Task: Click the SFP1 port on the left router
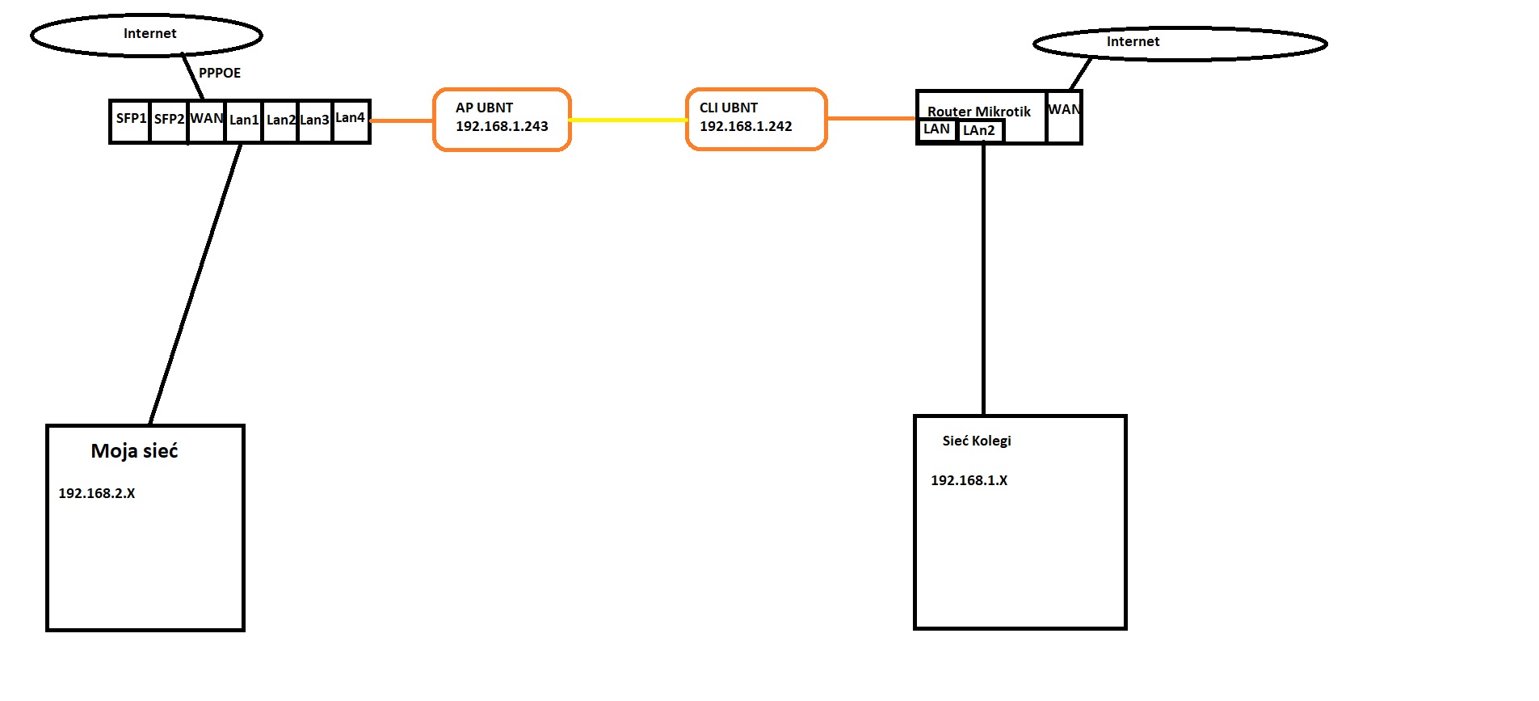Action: coord(130,121)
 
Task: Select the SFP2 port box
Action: coord(169,121)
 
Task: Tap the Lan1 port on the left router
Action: coord(244,121)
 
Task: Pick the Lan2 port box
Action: coord(281,121)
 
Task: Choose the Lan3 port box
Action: coord(315,121)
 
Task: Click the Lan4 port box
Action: coord(351,121)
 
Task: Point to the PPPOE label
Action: coord(220,73)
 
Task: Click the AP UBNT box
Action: coord(502,119)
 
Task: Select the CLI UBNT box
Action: coord(756,119)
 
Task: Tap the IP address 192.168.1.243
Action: coord(502,126)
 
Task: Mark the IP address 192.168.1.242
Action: coord(746,126)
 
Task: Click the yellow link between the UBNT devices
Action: coord(629,120)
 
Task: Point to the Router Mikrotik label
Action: coord(978,112)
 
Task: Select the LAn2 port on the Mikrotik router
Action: coord(981,131)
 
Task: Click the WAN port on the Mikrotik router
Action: coord(1064,117)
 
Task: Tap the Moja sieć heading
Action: coord(134,451)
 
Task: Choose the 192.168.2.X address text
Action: coord(97,493)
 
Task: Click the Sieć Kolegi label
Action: coord(977,441)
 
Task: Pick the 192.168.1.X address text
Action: coord(969,480)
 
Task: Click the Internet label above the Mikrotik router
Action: coord(1133,41)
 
